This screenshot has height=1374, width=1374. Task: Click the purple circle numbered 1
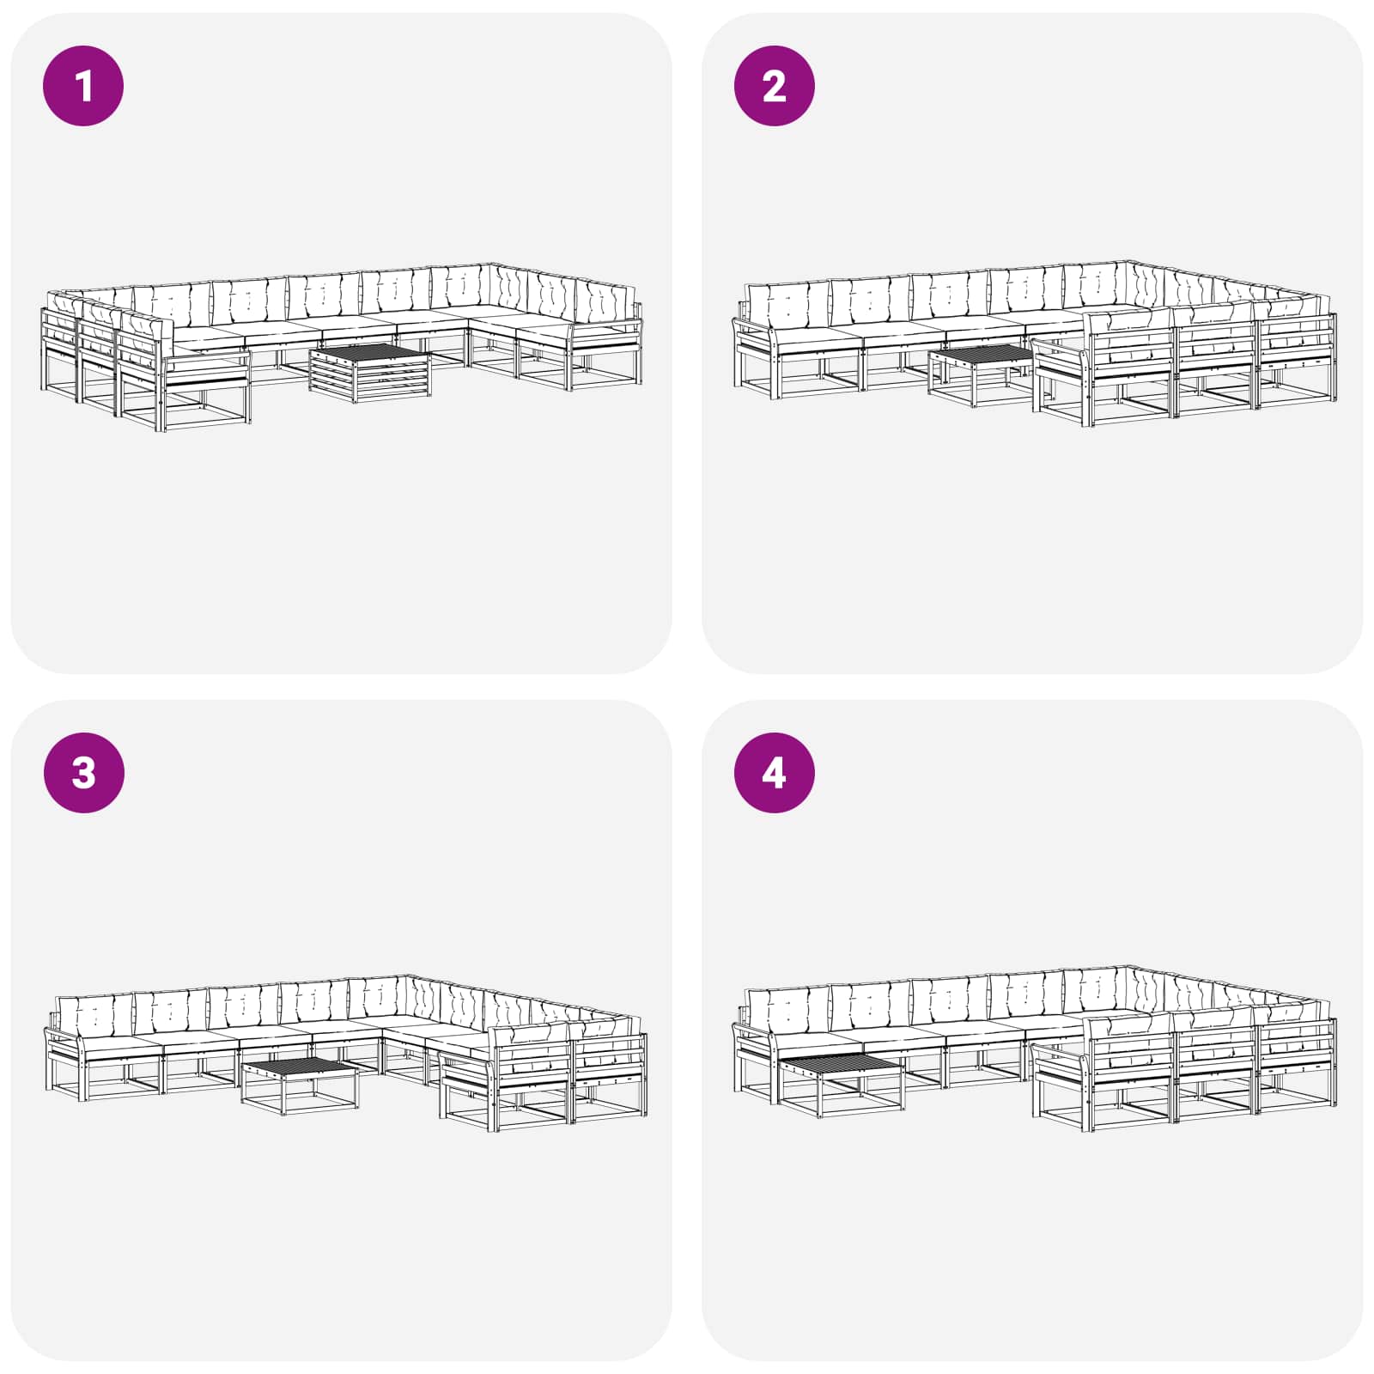click(x=83, y=86)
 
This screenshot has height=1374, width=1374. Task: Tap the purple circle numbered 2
click(x=775, y=86)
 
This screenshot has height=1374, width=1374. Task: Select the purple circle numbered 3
click(x=83, y=773)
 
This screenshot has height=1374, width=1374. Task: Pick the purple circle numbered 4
click(x=775, y=773)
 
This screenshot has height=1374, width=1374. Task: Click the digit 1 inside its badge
click(x=84, y=87)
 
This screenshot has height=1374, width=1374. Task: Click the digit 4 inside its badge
click(x=774, y=774)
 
